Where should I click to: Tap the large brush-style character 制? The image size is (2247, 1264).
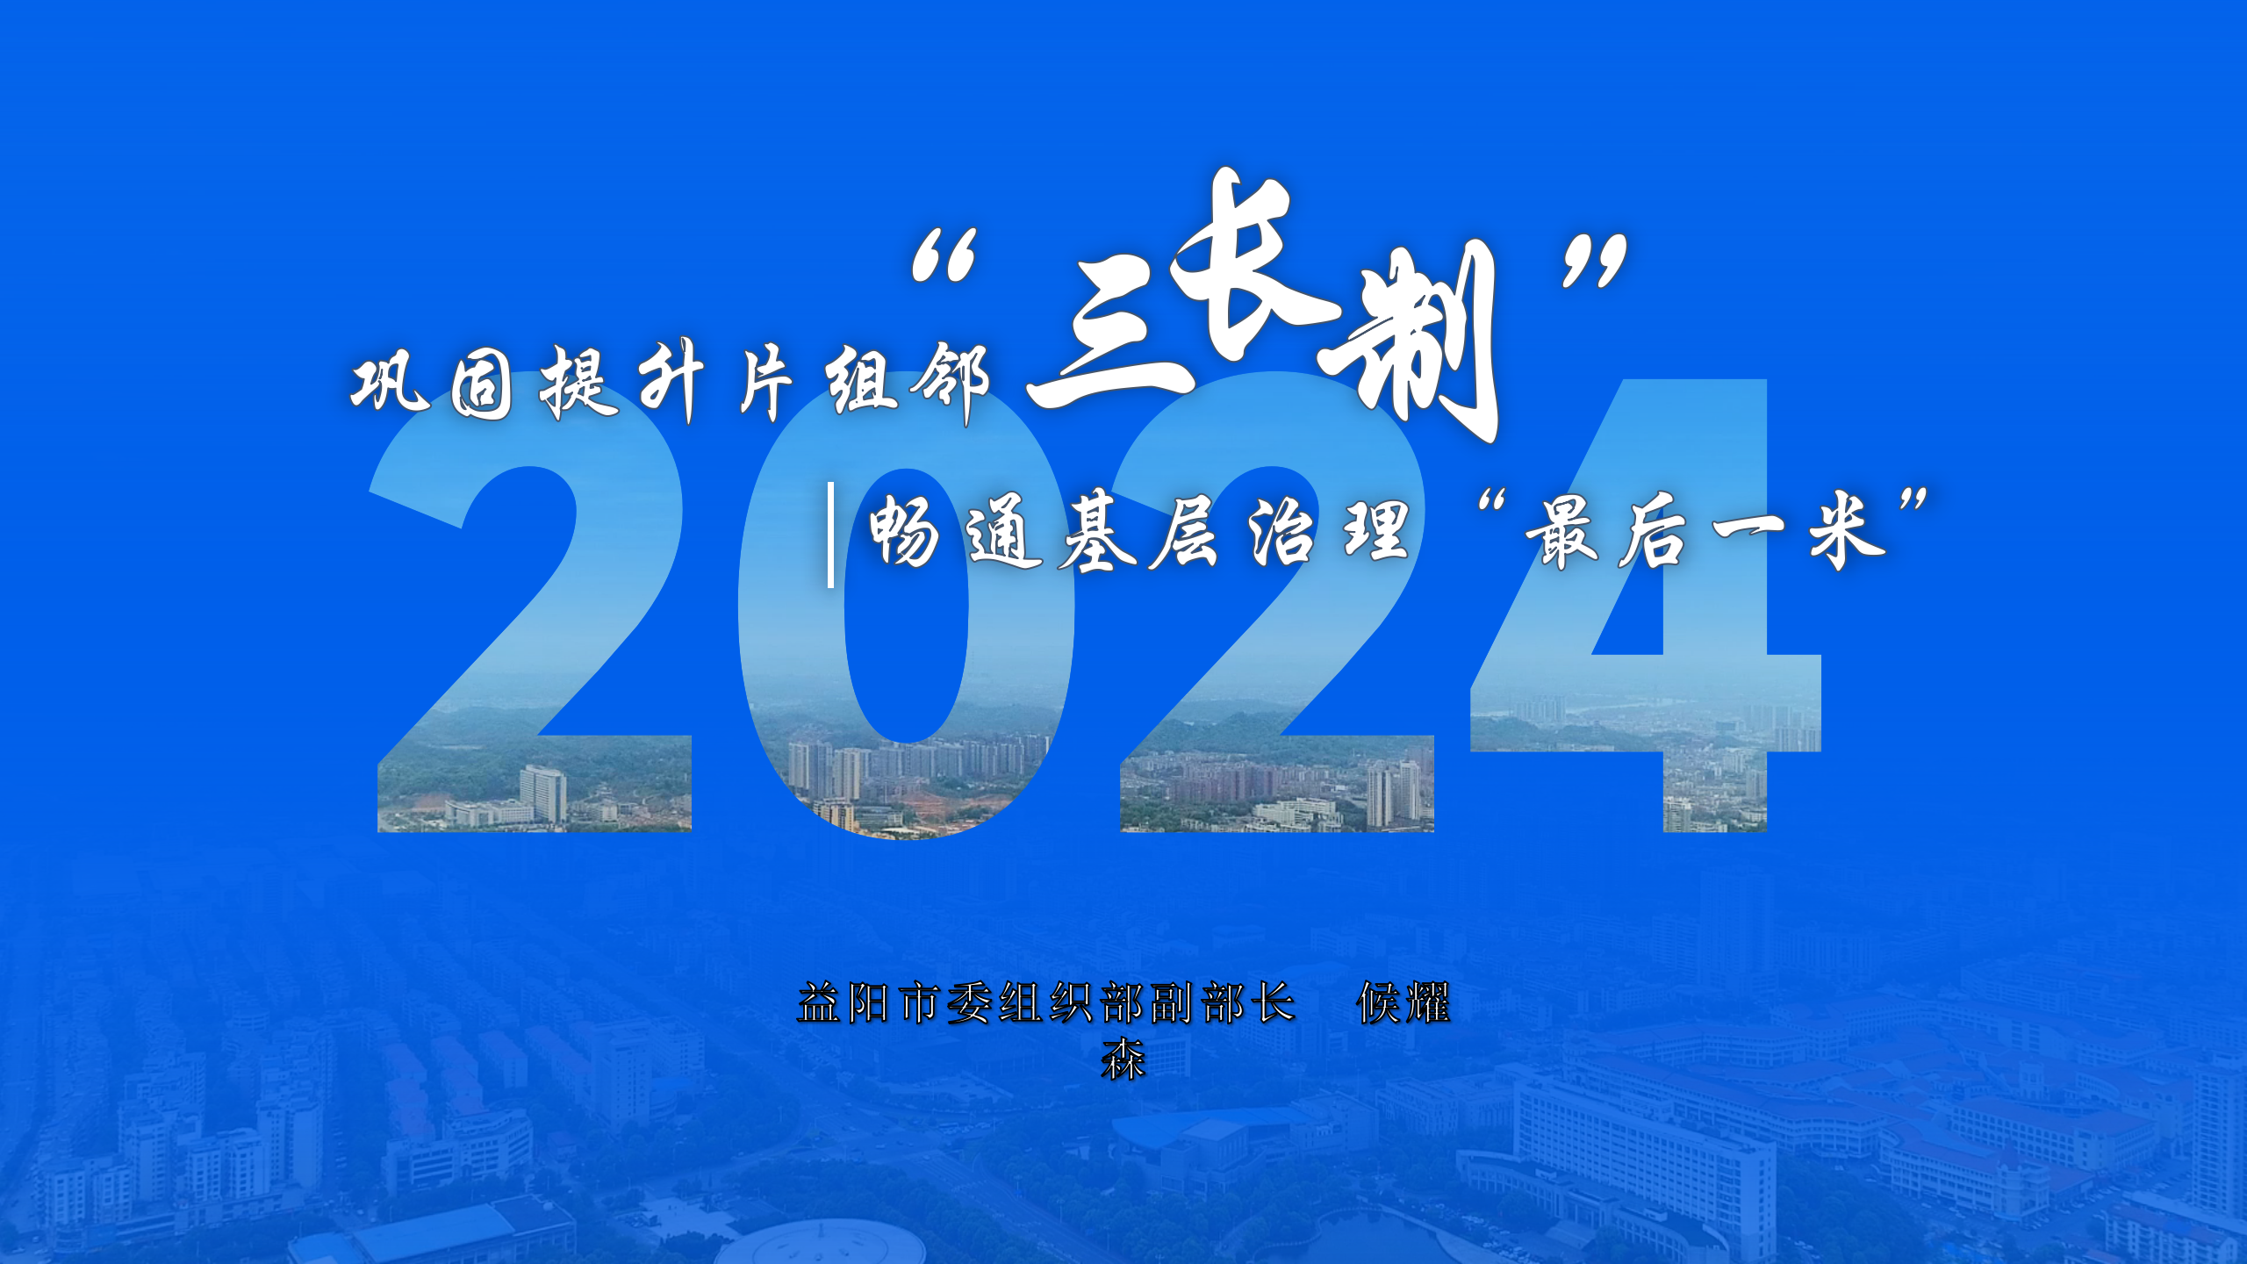(x=1409, y=342)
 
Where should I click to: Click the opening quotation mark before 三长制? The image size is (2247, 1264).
(x=944, y=255)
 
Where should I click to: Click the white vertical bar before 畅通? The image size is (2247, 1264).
(x=830, y=535)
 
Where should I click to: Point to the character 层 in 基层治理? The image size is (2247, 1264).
(x=1185, y=532)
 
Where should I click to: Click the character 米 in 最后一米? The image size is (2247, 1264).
(x=1847, y=532)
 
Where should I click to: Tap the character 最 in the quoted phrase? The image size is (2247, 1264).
(x=1561, y=532)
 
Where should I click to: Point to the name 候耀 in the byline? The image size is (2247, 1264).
(x=1403, y=1003)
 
